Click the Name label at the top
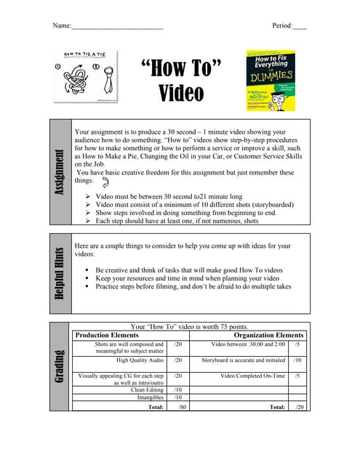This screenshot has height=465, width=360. tap(62, 26)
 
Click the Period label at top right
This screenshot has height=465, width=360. tap(281, 26)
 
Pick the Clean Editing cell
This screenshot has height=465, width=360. tap(147, 389)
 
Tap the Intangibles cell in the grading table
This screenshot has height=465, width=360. tap(149, 397)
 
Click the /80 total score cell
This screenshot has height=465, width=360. tap(183, 408)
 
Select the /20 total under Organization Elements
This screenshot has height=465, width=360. tap(299, 408)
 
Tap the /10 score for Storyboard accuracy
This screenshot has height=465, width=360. tap(298, 360)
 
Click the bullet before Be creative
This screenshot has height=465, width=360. tap(87, 270)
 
